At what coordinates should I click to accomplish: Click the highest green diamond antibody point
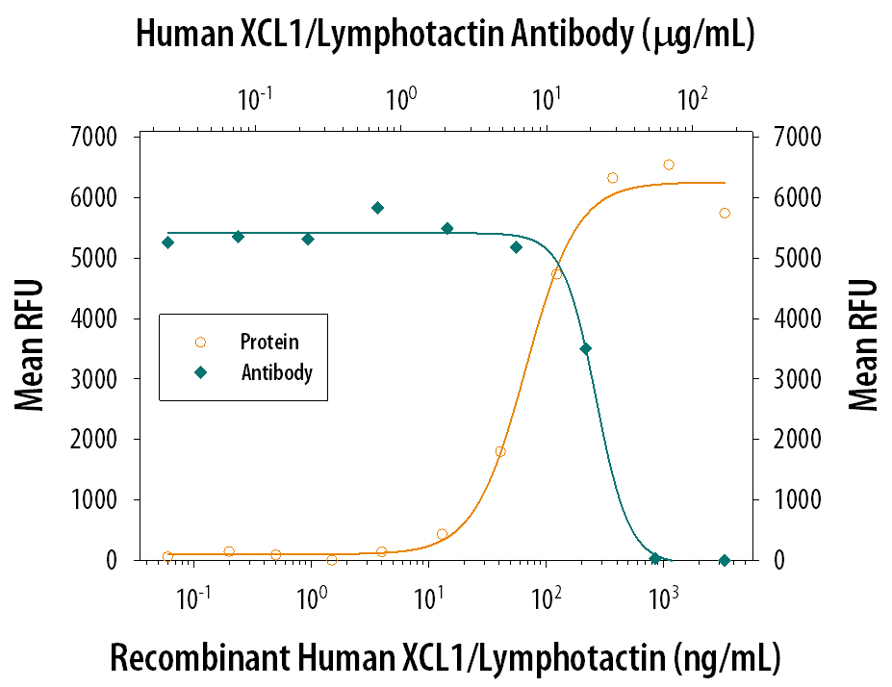click(378, 208)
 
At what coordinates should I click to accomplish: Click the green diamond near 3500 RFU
click(585, 349)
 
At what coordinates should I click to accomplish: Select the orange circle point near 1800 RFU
click(500, 451)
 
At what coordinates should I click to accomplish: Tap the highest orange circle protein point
click(669, 165)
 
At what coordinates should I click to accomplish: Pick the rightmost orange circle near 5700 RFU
click(725, 213)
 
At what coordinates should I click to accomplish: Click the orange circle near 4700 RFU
click(556, 274)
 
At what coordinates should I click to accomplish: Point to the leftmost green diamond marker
click(168, 242)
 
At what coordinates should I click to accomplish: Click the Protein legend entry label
click(269, 342)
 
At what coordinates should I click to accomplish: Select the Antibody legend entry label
click(276, 372)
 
